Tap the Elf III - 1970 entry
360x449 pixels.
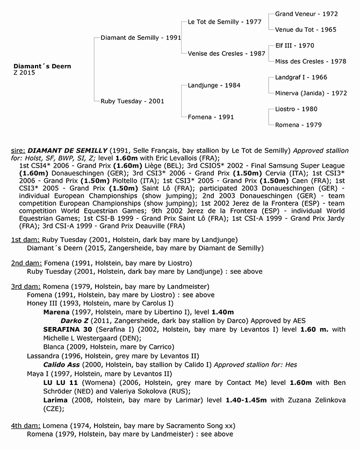tap(294, 46)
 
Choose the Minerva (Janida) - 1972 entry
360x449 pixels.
tap(311, 93)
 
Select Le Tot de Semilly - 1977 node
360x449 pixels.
tap(225, 22)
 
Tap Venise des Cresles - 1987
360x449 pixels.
tap(227, 54)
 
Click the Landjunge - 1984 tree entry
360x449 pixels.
tap(214, 85)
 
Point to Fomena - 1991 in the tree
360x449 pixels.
tap(211, 117)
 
